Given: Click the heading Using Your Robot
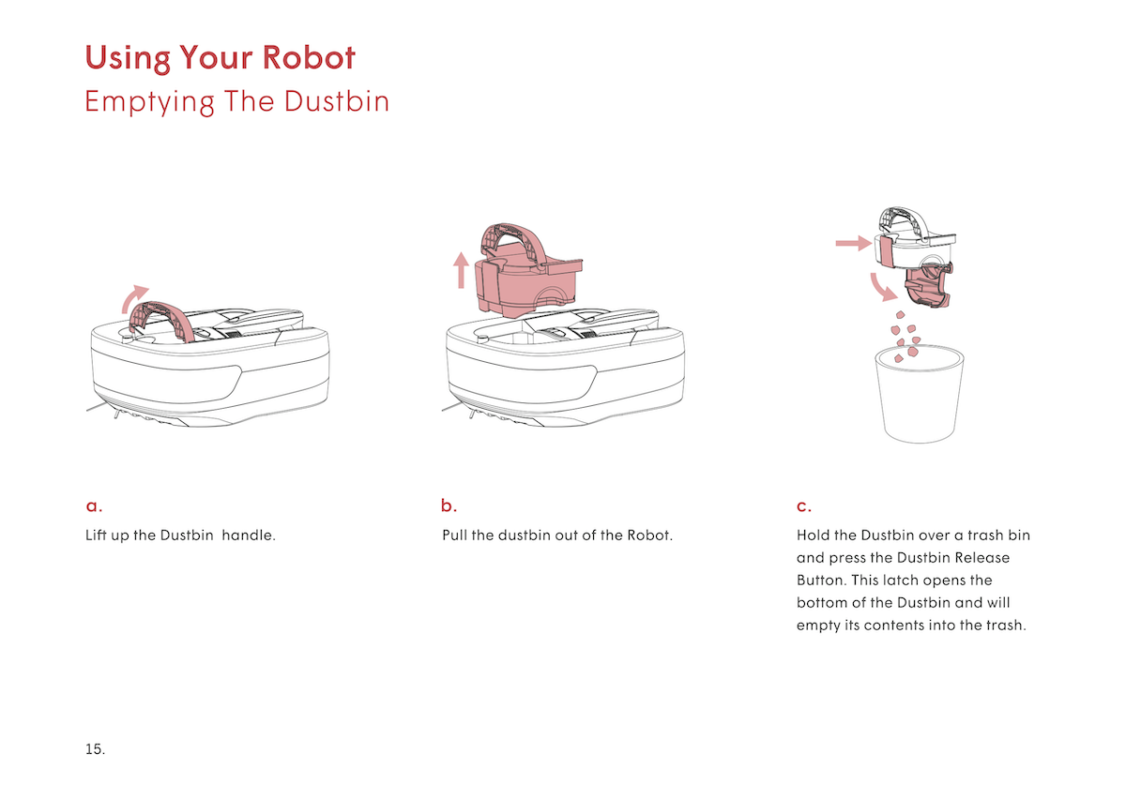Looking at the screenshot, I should coord(220,58).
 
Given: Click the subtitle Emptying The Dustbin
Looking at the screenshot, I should coord(236,101).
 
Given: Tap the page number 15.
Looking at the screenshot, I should coord(95,749).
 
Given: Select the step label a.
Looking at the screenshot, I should coord(93,506).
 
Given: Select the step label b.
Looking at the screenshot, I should coord(449,506).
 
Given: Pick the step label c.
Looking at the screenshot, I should coord(803,506).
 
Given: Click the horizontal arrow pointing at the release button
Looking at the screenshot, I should coord(853,243).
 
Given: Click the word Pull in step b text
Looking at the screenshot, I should coord(455,536).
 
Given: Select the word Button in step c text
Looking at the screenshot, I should coord(820,580).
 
